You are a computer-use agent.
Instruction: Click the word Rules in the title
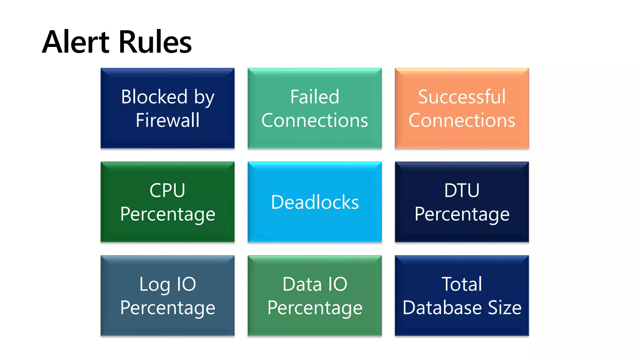155,42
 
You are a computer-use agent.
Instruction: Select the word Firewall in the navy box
167,120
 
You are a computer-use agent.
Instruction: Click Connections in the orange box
462,120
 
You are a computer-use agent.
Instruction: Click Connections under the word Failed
315,120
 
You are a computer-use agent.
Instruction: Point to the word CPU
167,190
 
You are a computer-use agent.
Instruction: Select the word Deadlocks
315,202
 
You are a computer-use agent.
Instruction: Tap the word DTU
462,190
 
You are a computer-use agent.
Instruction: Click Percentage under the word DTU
462,214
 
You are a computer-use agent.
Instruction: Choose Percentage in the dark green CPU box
167,214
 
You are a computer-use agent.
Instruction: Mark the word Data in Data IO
302,284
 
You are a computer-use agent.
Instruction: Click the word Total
462,284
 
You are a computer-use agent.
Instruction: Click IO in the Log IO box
187,284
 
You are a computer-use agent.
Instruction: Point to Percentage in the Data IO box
315,308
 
